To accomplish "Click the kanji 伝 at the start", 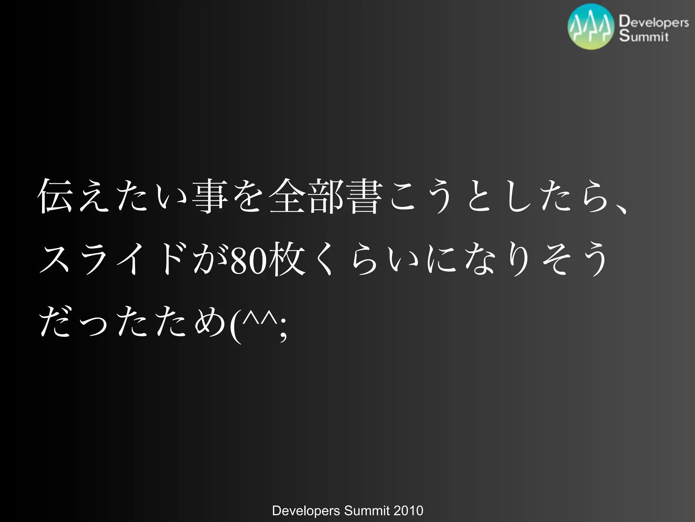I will coord(55,196).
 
